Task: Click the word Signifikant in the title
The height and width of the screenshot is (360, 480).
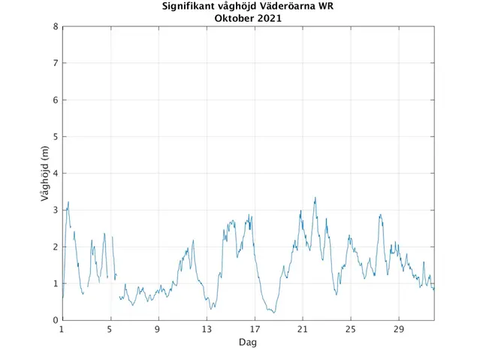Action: (x=189, y=7)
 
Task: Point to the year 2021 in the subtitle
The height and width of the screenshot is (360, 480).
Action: (x=269, y=18)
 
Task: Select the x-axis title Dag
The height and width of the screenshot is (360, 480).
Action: (x=248, y=342)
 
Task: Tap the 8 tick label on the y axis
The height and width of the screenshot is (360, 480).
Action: (x=56, y=26)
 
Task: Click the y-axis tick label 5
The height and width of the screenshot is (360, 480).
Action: (x=56, y=137)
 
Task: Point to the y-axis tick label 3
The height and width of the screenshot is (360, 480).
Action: (x=56, y=210)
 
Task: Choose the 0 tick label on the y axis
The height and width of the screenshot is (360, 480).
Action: (x=56, y=320)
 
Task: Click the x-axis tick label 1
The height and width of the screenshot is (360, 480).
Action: (x=62, y=329)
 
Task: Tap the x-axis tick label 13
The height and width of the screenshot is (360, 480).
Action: (x=207, y=329)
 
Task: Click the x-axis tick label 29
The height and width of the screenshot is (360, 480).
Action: (x=399, y=329)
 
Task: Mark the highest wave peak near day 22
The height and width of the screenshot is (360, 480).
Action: (x=315, y=198)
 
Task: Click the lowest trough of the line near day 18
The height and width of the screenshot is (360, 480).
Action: (x=274, y=313)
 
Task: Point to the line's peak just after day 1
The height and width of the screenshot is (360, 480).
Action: (x=68, y=201)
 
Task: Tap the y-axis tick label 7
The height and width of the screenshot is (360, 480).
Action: (x=56, y=63)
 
